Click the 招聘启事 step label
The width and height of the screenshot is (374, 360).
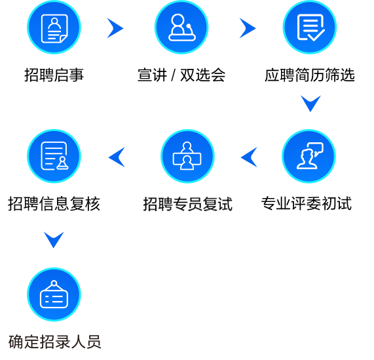(54, 75)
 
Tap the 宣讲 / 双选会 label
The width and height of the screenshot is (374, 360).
(181, 75)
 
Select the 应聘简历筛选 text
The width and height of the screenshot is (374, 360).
(310, 75)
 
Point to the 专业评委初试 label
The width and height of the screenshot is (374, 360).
(307, 204)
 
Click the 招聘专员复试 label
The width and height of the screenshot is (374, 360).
(188, 204)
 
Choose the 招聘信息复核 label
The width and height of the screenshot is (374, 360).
(54, 204)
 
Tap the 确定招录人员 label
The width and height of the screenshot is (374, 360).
(54, 342)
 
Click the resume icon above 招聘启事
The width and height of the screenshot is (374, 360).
(54, 28)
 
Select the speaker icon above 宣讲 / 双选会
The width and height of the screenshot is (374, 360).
(181, 28)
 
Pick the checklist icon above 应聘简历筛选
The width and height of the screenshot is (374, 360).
(310, 28)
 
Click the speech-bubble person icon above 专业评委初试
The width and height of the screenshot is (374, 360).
(309, 156)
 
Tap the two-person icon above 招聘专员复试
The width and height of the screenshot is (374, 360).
(187, 156)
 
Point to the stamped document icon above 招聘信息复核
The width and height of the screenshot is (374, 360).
(54, 156)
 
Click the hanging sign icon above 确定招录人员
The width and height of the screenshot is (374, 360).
(54, 294)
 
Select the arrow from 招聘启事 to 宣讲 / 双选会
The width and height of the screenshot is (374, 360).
(116, 28)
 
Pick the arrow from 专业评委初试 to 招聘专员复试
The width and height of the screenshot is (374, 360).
(248, 157)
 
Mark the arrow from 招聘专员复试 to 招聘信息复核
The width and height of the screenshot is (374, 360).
(116, 157)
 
